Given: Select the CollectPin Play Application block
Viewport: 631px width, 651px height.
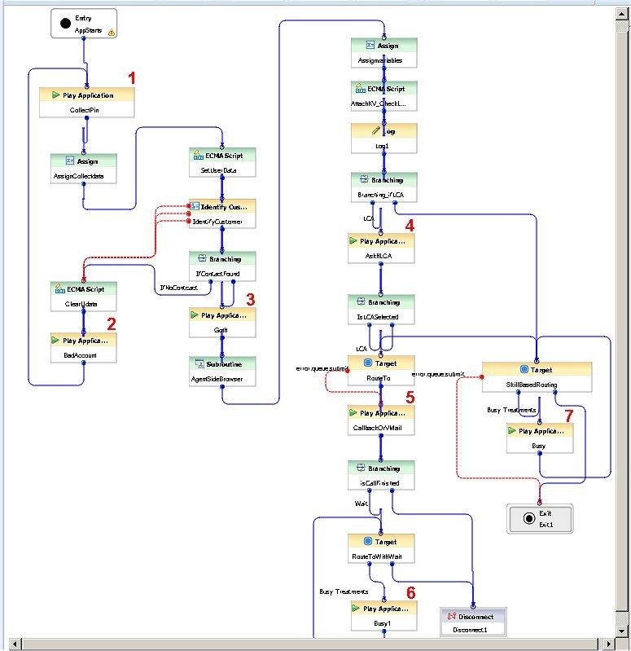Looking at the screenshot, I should pyautogui.click(x=87, y=103).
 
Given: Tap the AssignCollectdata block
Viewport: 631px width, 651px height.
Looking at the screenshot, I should pyautogui.click(x=83, y=169).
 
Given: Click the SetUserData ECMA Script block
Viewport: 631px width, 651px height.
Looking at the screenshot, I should pyautogui.click(x=221, y=163).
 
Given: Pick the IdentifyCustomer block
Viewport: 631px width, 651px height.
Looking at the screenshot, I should pyautogui.click(x=221, y=214).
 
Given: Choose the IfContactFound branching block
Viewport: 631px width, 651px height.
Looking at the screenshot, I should pyautogui.click(x=221, y=266).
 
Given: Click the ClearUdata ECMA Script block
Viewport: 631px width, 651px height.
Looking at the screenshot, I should pyautogui.click(x=83, y=296).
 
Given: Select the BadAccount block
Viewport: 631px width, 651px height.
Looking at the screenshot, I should pyautogui.click(x=83, y=348).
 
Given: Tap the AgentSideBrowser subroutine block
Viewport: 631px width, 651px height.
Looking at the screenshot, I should pyautogui.click(x=221, y=371).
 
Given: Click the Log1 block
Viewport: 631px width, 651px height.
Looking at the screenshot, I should pyautogui.click(x=383, y=139).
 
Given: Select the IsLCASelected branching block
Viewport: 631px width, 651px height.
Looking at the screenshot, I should pyautogui.click(x=381, y=309).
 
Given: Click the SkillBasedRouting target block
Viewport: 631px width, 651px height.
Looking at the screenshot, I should pyautogui.click(x=536, y=377).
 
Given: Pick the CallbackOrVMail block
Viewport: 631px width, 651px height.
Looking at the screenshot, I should pyautogui.click(x=381, y=420).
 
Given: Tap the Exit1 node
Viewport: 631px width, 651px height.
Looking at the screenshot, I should pyautogui.click(x=540, y=519).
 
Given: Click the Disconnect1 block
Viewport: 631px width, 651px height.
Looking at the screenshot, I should pyautogui.click(x=472, y=621).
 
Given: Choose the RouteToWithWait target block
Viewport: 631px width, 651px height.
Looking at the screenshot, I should pyautogui.click(x=381, y=549).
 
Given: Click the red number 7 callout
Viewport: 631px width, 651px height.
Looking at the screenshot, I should pyautogui.click(x=568, y=416).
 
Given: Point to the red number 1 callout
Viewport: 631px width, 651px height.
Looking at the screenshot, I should pyautogui.click(x=132, y=78).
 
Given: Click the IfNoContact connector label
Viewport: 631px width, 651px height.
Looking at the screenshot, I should pyautogui.click(x=179, y=288).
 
